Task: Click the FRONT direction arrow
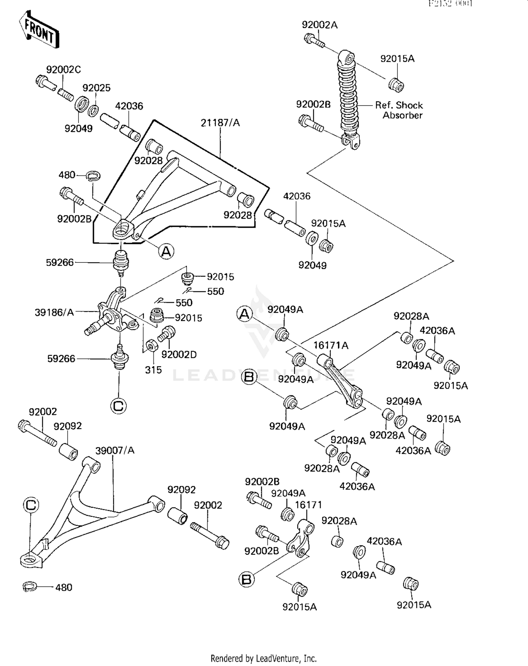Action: (39, 30)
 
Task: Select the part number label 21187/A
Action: (220, 123)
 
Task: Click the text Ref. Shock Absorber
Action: (399, 110)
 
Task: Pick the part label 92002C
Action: (63, 70)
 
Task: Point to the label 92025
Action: (96, 88)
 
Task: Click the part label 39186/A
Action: (54, 312)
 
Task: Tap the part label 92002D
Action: (179, 355)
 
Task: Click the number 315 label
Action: (153, 370)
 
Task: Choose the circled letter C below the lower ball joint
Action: (118, 406)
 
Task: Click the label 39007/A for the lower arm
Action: (115, 450)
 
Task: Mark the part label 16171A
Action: (331, 345)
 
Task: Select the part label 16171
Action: (308, 505)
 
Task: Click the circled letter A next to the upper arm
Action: (166, 251)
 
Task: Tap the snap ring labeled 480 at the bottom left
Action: (30, 586)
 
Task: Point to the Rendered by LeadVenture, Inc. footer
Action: (263, 658)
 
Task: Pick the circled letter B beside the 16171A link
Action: (249, 377)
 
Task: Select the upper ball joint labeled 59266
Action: (121, 262)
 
